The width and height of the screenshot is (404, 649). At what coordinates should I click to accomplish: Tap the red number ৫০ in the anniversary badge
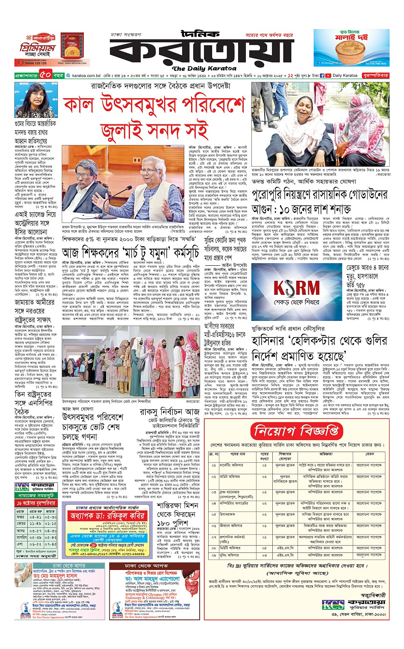46,76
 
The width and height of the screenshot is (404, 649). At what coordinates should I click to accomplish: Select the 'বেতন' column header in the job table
369,454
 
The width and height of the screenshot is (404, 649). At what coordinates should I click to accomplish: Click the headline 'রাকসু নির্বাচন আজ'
169,412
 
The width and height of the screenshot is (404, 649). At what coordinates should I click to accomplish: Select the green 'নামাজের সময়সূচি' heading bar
36,495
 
